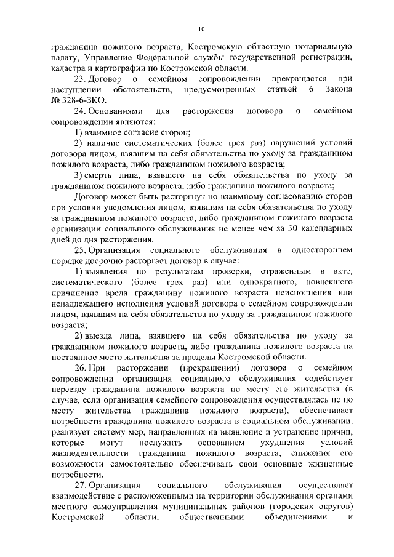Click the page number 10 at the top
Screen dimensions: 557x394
201,29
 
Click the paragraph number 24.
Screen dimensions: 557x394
80,111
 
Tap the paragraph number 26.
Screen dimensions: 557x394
80,367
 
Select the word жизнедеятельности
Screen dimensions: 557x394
86,454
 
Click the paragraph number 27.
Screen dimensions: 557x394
80,486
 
